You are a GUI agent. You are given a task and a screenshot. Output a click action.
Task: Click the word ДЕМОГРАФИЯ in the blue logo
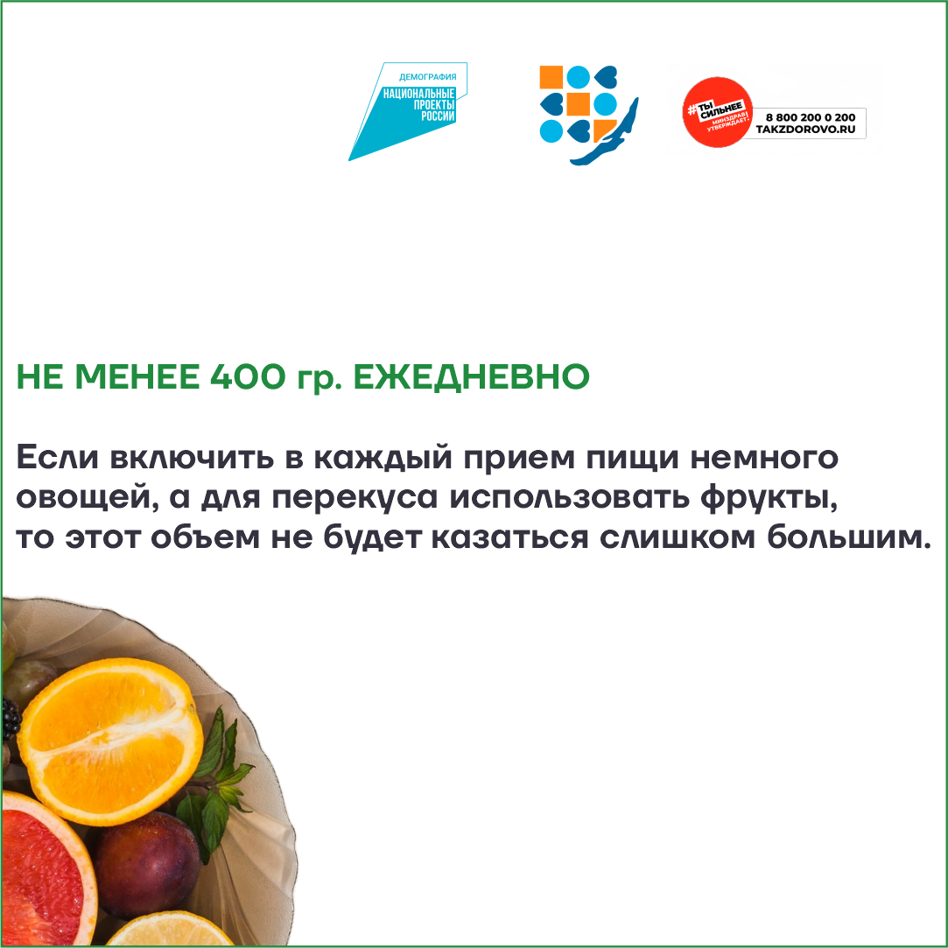(427, 77)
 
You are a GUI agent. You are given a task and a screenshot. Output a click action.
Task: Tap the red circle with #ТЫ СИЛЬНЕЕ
(717, 112)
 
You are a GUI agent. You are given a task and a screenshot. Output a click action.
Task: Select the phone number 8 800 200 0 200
(811, 117)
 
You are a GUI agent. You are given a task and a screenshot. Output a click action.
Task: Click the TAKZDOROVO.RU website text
(805, 130)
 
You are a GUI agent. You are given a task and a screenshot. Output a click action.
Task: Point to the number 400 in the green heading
(247, 376)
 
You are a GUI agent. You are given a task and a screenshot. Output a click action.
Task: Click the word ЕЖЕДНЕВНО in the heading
(471, 376)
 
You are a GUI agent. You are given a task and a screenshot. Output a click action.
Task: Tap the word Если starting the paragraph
(57, 457)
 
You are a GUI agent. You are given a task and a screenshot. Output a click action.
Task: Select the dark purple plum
(147, 865)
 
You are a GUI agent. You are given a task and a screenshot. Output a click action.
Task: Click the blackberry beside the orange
(11, 719)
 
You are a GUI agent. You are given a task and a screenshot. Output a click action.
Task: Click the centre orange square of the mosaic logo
(578, 104)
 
